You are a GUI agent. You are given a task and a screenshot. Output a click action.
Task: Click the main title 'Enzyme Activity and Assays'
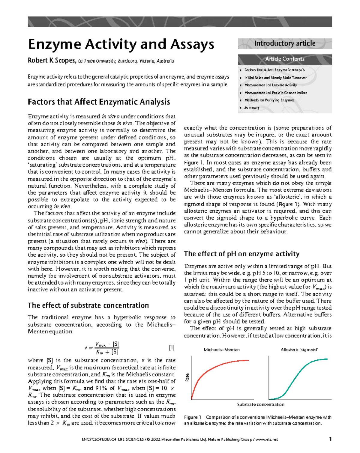(121, 44)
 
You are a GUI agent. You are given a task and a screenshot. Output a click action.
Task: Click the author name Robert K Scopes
(52, 61)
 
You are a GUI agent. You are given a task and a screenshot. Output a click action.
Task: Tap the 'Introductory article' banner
(285, 43)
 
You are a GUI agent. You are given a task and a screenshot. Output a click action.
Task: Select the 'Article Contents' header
(285, 59)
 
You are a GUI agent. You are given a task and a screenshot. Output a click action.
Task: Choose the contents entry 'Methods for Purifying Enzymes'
(269, 100)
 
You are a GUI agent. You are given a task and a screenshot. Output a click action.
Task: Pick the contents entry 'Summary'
(252, 108)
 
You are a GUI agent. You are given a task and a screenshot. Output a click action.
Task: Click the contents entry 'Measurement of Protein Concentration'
(276, 93)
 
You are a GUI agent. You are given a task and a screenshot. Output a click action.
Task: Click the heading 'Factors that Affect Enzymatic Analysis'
(99, 102)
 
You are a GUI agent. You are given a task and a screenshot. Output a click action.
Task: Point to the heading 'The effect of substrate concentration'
(88, 305)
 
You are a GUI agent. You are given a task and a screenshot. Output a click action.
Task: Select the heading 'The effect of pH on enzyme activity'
(241, 254)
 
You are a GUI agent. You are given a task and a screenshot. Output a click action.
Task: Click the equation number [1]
(172, 348)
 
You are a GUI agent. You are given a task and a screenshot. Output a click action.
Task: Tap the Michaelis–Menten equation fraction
(107, 348)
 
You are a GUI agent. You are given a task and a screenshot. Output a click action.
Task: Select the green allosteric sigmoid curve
(297, 375)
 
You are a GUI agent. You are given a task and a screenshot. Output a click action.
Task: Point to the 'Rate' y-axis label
(187, 377)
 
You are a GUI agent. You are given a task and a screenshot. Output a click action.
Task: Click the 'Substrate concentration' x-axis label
(261, 404)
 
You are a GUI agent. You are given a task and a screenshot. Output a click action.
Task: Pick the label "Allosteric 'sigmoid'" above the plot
(299, 350)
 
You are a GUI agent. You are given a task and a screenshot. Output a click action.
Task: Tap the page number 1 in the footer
(330, 439)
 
